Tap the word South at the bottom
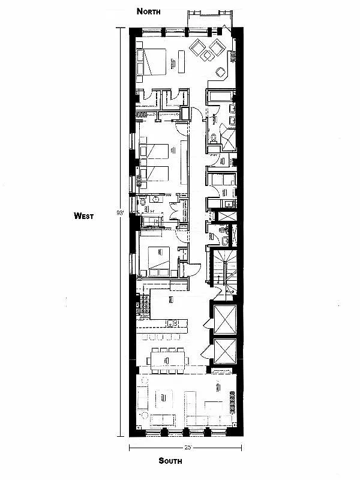point(170,461)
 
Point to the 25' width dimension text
point(188,448)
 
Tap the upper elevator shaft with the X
point(226,318)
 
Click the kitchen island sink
point(172,323)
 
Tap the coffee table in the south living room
point(166,397)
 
